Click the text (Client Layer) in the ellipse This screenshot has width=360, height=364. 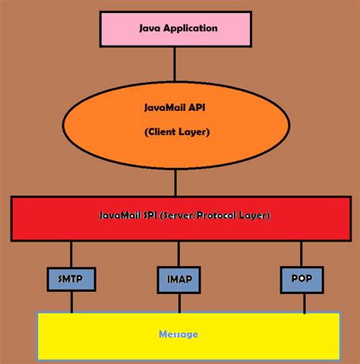pos(176,131)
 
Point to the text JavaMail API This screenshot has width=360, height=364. pos(176,108)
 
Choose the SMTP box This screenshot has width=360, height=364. pos(71,279)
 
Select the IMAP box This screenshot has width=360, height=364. pos(179,279)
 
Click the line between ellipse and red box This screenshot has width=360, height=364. pos(177,182)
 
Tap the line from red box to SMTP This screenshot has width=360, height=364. pos(71,254)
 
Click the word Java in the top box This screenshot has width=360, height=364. pos(149,28)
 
